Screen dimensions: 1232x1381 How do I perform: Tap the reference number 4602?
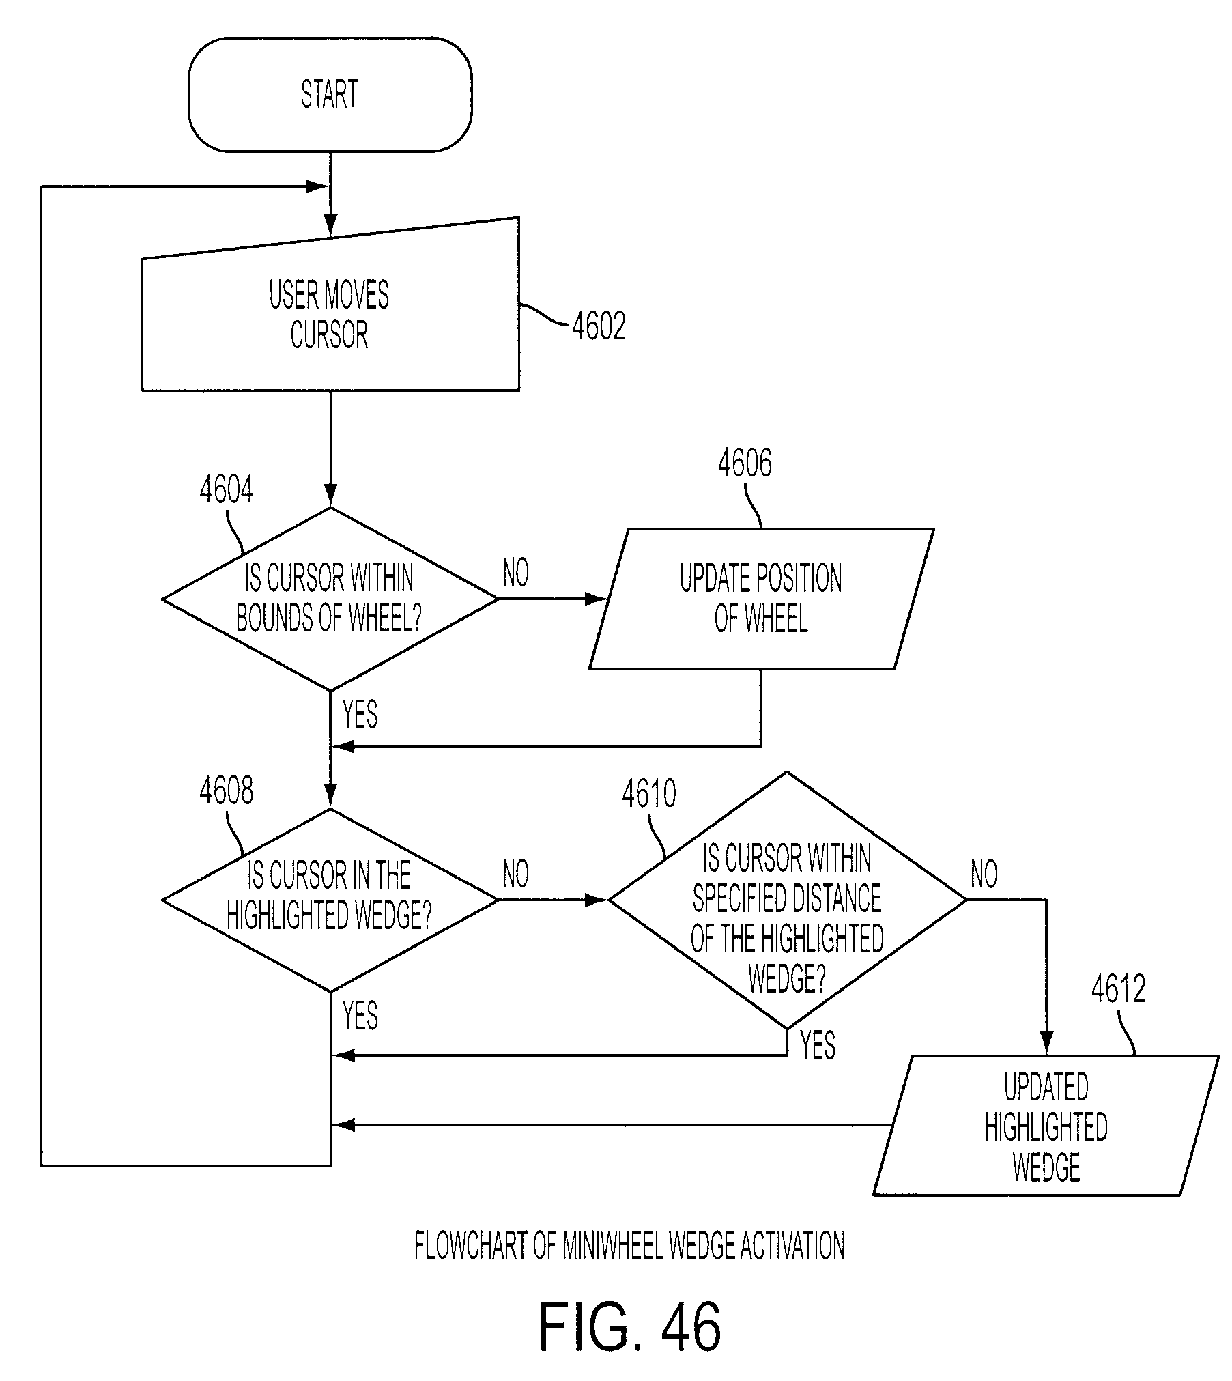coord(599,326)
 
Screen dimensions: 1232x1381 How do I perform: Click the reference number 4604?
coord(227,489)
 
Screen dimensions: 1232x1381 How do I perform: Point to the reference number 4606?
coord(745,463)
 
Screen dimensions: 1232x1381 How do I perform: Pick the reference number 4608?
coord(227,791)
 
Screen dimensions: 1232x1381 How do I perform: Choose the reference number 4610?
coord(649,793)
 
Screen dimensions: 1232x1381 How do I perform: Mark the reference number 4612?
coord(1118,988)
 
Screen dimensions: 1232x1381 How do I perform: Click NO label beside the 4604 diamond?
coord(516,573)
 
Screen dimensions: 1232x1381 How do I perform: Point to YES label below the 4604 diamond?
coord(360,715)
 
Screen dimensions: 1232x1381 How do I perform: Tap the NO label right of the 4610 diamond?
coord(984,874)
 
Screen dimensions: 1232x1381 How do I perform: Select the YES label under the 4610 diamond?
coord(818,1046)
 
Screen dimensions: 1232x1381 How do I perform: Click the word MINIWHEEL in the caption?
coord(612,1247)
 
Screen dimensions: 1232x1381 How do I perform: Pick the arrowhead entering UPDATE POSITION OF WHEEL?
coord(597,599)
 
